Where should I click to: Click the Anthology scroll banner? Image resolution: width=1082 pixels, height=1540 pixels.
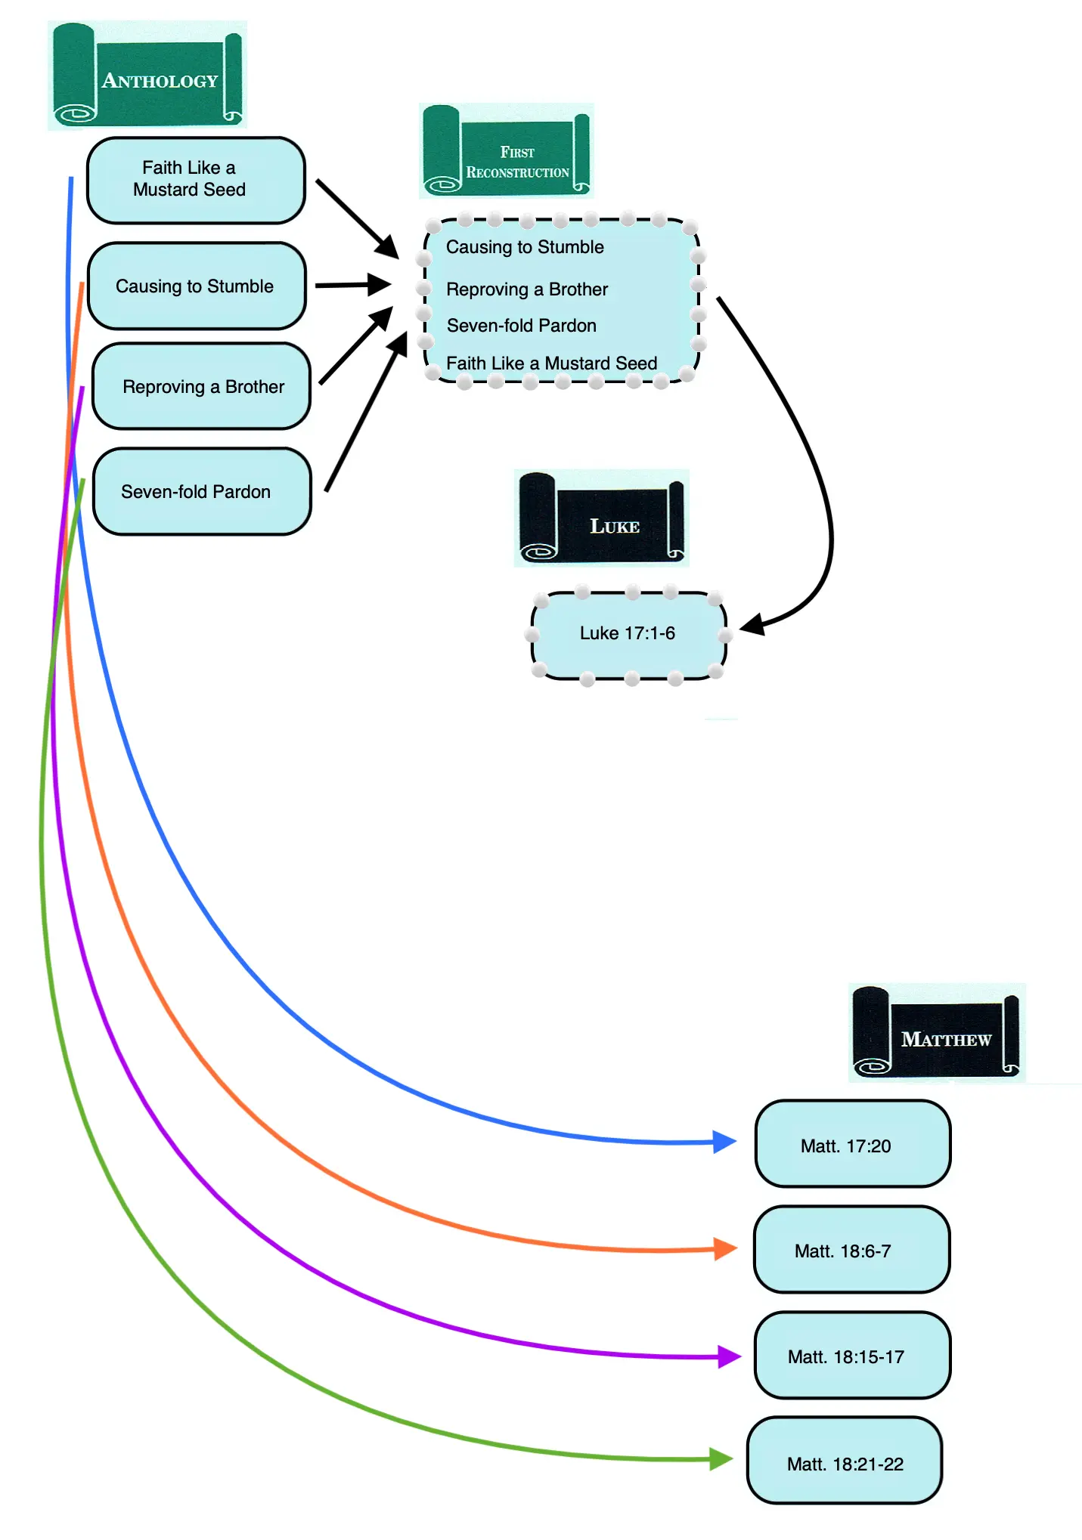pos(147,76)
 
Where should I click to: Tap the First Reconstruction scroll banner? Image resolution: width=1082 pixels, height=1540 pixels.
pos(507,151)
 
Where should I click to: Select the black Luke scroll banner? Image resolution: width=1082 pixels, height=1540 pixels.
pos(602,518)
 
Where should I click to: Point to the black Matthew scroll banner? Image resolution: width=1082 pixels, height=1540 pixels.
pos(937,1033)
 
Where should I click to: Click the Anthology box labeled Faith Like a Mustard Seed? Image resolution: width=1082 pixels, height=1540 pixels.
pos(196,180)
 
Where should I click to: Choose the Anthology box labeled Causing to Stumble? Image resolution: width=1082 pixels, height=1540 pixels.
pos(197,286)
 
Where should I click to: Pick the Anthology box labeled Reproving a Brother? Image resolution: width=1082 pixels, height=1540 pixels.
pos(201,386)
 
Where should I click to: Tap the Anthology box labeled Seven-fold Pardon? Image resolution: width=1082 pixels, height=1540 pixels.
pos(202,491)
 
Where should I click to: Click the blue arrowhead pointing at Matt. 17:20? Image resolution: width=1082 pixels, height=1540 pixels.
pos(724,1141)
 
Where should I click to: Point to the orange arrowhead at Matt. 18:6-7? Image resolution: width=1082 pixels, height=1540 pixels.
pos(725,1248)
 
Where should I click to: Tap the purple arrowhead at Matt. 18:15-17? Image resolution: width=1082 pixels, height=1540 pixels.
pos(728,1356)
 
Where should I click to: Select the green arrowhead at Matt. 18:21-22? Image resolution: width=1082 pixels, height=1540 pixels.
pos(721,1458)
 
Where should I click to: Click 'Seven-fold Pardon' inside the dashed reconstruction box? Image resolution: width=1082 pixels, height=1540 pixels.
pos(522,326)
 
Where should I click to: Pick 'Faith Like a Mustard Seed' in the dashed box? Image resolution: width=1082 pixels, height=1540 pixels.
pos(551,363)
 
